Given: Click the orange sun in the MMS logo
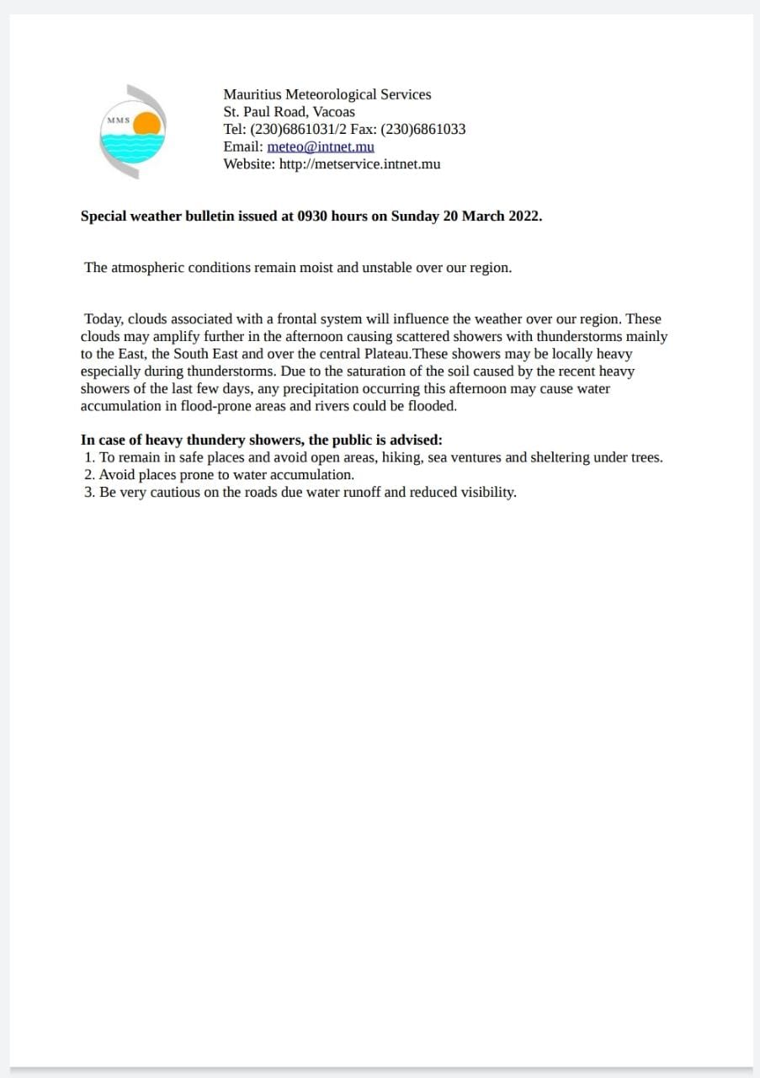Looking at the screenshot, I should coord(146,124).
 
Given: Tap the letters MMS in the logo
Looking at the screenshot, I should coord(119,120).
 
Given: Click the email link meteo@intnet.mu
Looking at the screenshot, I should coord(321,147).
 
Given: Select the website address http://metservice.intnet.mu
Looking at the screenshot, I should coord(359,164).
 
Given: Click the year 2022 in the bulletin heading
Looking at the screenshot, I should coord(524,216).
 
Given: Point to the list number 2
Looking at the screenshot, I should coord(89,475).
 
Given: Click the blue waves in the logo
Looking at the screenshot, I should coord(132,149).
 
